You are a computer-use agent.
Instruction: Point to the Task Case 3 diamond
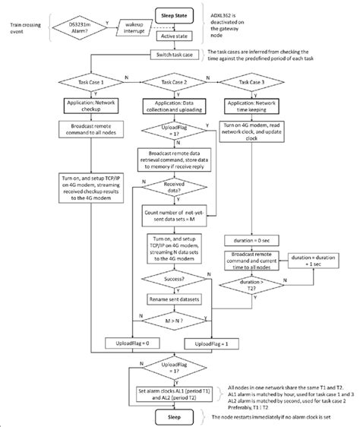pos(255,82)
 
